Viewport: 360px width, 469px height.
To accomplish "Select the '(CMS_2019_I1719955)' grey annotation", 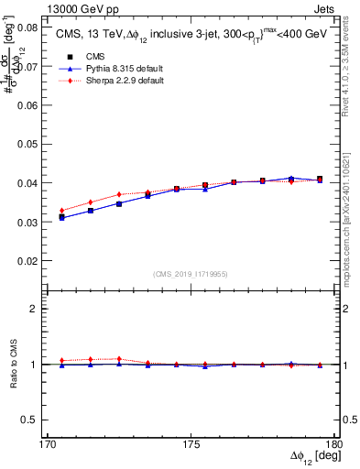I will click(191, 273).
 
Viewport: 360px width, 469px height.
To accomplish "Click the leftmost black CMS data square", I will click(61, 217).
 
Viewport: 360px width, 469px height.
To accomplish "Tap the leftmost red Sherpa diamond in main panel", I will click(61, 211).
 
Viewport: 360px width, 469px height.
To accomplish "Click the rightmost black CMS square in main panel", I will click(319, 179).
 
